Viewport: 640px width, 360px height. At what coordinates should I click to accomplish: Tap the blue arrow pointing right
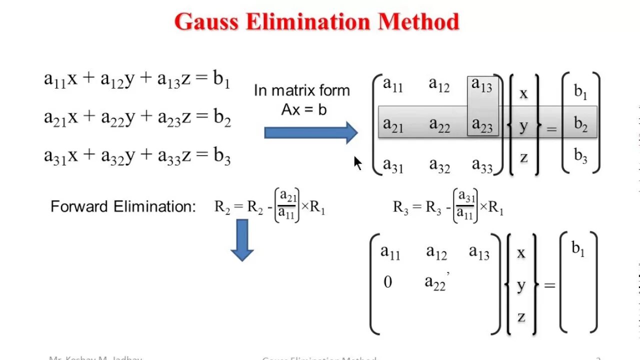(310, 132)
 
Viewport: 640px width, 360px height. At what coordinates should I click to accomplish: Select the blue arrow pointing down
(242, 240)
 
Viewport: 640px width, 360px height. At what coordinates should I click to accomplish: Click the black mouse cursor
(357, 163)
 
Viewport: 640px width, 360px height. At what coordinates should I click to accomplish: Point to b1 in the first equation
(221, 79)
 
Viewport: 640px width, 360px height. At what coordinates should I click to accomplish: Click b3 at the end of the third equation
(222, 156)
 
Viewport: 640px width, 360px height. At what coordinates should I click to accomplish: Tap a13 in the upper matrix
(482, 85)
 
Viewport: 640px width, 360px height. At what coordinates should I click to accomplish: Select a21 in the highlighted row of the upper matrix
(393, 124)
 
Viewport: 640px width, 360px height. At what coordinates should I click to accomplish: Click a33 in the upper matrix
(482, 164)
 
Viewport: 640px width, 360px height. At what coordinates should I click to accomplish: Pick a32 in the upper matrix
(439, 164)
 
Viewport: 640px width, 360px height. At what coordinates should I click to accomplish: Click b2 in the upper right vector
(580, 124)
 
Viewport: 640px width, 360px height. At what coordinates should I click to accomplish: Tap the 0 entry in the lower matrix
(387, 282)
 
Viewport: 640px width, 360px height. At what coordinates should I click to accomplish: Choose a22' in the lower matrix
(436, 282)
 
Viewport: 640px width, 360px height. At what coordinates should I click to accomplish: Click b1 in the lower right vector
(578, 249)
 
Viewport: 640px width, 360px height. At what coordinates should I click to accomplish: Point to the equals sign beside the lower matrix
(549, 285)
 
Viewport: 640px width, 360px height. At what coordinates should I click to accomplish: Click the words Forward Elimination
(123, 206)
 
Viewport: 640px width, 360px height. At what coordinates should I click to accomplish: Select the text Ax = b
(303, 109)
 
